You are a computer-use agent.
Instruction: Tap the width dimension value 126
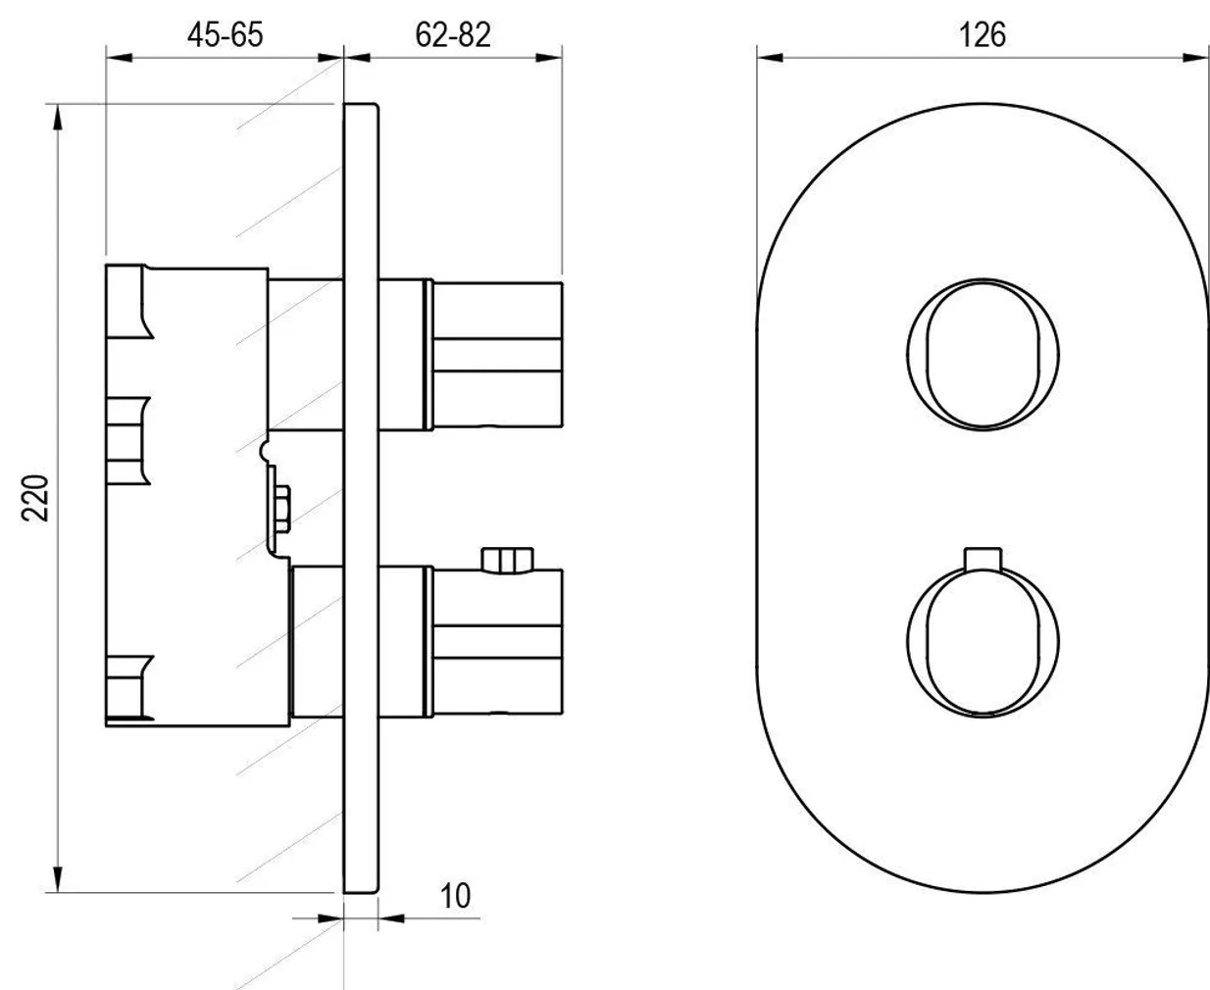982,33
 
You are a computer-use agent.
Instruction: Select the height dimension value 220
36,497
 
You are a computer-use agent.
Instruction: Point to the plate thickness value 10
455,895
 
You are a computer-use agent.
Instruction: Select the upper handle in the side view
495,355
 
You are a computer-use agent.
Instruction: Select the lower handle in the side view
495,642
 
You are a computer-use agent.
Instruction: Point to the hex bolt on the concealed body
281,509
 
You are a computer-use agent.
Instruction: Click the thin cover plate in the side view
361,497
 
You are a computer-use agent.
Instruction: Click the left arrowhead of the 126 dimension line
770,58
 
